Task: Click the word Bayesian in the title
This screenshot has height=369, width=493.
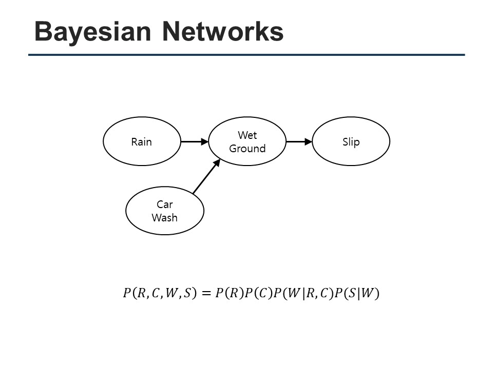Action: point(92,32)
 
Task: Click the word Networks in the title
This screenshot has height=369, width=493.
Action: point(223,31)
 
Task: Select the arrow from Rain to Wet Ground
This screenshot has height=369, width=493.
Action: point(195,141)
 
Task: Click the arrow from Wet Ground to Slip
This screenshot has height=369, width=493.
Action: point(299,141)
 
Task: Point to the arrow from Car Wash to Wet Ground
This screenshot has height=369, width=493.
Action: point(206,176)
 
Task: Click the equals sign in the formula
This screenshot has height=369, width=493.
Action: point(206,293)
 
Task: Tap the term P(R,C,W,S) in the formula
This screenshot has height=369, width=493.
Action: point(160,293)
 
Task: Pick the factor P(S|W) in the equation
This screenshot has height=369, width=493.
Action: point(357,293)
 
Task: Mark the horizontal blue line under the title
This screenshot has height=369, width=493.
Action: point(246,55)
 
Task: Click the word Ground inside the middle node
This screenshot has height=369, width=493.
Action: point(248,149)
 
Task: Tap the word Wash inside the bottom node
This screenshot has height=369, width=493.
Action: point(164,217)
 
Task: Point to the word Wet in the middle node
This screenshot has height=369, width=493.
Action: point(248,135)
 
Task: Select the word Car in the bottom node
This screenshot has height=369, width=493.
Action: point(165,204)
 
